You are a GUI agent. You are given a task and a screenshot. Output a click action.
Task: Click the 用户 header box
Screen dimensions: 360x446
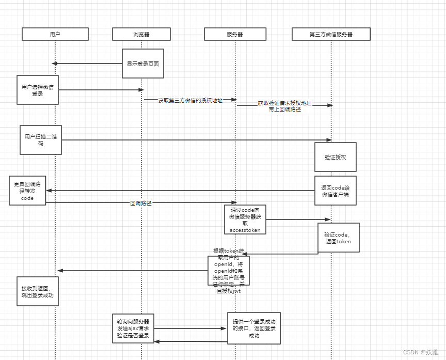[55, 34]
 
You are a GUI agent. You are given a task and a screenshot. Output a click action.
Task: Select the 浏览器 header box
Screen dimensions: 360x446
[141, 34]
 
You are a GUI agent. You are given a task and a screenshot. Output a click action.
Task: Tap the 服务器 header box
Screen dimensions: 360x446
[235, 34]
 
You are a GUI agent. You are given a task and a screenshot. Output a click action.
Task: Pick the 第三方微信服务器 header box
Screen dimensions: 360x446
[331, 34]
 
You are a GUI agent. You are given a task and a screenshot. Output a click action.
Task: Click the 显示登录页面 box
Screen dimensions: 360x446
[143, 64]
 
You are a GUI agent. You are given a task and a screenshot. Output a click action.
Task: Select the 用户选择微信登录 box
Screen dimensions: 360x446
[37, 90]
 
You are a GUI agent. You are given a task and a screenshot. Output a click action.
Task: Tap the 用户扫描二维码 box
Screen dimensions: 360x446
[41, 139]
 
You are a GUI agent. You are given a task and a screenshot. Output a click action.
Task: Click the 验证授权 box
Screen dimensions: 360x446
[336, 157]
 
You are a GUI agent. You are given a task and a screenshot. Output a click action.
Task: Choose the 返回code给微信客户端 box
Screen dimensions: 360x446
[336, 191]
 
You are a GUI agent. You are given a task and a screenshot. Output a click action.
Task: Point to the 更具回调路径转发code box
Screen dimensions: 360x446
[27, 190]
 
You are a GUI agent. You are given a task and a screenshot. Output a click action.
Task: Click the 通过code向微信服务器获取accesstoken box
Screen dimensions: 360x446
[245, 220]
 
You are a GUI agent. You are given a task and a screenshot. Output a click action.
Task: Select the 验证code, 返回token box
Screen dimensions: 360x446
[338, 238]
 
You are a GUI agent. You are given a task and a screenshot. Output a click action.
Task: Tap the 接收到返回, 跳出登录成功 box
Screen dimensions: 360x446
[38, 291]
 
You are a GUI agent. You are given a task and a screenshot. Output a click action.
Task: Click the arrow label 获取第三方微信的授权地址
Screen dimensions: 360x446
[190, 100]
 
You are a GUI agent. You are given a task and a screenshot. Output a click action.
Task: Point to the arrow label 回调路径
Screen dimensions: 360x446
[141, 204]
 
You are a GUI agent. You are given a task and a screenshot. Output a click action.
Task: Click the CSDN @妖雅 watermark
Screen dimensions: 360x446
[420, 352]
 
